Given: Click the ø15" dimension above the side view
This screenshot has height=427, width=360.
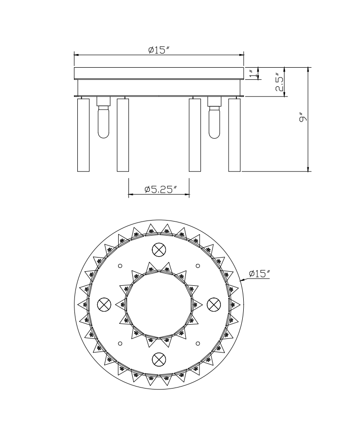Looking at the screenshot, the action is (x=159, y=50).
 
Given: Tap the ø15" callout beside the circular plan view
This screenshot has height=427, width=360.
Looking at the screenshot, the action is (x=259, y=273).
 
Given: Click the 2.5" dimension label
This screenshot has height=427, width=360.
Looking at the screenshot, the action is (x=279, y=82).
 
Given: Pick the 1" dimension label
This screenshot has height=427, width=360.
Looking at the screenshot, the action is (x=254, y=73).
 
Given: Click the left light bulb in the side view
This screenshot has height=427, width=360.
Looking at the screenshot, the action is (x=104, y=122).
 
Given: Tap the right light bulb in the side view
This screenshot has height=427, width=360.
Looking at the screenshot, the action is (x=214, y=122).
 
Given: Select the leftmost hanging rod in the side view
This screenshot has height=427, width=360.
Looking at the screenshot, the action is (x=83, y=135).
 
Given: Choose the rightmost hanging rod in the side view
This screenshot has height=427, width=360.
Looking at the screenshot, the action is (x=234, y=135).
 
